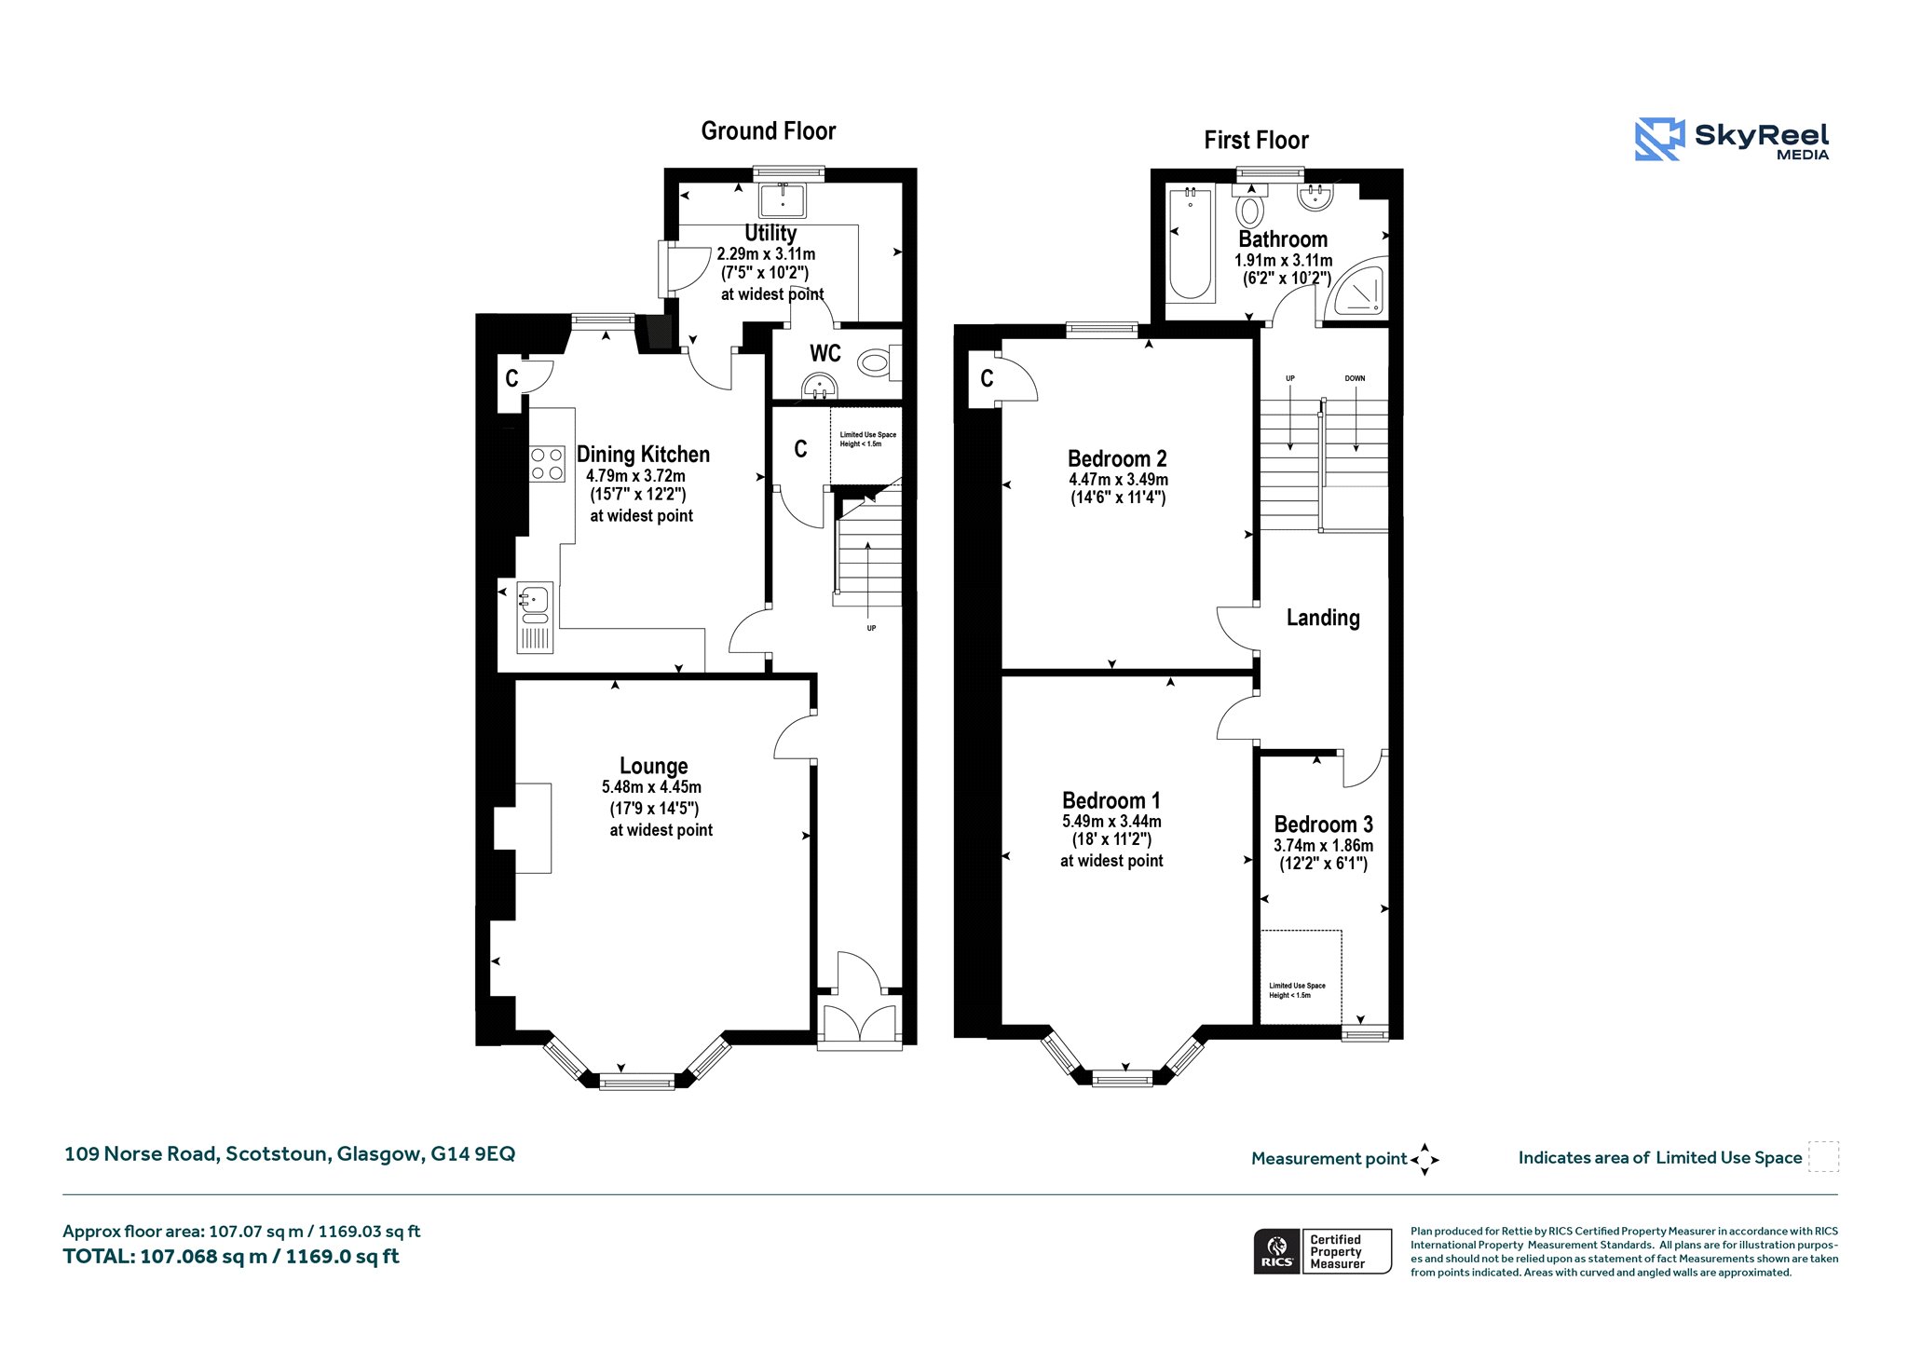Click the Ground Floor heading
point(769,131)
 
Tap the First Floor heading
point(1256,141)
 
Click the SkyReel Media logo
point(1732,140)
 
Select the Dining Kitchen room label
point(643,455)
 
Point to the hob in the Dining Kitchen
point(547,464)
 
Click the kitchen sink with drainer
point(535,617)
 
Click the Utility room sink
point(783,200)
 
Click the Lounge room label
point(654,766)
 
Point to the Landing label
point(1323,618)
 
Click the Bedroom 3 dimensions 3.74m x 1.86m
point(1323,846)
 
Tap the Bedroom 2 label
point(1117,458)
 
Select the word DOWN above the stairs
point(1355,378)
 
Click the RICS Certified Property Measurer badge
point(1322,1251)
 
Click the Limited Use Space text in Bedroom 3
point(1297,990)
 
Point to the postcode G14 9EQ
point(472,1154)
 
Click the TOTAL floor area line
point(231,1257)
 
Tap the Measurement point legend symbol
point(1424,1160)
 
